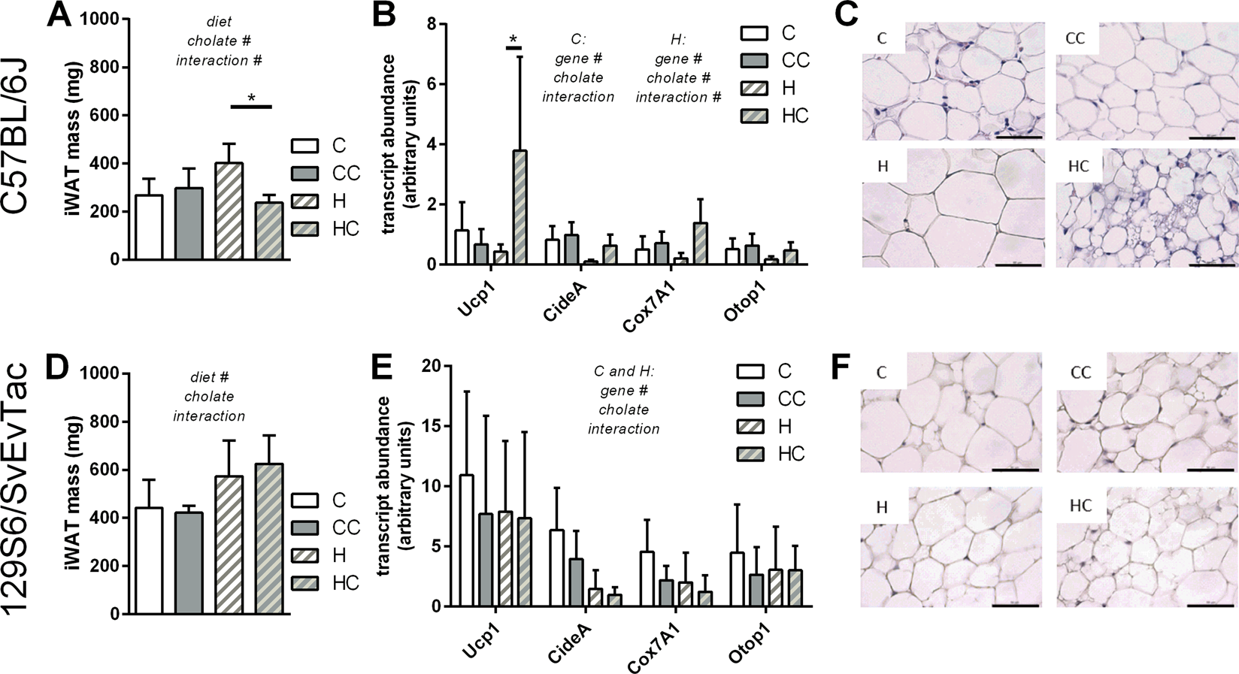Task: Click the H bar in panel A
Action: point(229,211)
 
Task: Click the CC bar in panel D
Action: point(189,563)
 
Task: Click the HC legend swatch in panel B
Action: point(754,116)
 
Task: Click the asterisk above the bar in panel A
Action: point(251,98)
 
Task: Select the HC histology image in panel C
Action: point(1146,207)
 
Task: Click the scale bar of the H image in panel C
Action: point(1018,264)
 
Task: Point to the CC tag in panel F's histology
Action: point(1080,373)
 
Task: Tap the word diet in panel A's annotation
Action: point(219,23)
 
